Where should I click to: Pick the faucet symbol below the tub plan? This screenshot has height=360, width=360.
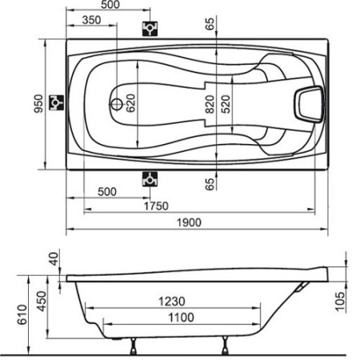[x=149, y=178]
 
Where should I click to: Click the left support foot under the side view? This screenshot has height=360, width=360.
[x=130, y=346]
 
